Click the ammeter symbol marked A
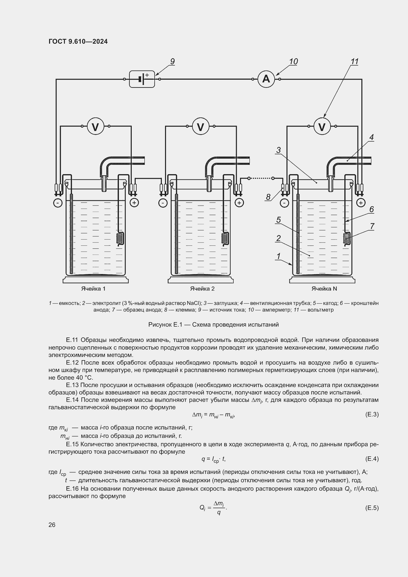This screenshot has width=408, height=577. tap(266, 79)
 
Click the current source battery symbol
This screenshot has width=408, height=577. tap(142, 79)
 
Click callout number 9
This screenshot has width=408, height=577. tap(172, 62)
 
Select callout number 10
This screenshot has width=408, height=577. tap(293, 62)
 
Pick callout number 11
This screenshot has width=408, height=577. tap(354, 62)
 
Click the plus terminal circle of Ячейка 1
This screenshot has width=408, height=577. tap(134, 203)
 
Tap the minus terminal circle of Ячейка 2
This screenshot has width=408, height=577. tap(163, 203)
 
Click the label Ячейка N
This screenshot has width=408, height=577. tap(324, 289)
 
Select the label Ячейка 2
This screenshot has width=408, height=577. tap(202, 289)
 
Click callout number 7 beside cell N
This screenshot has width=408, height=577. tap(372, 226)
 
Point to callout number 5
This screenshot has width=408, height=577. tap(278, 220)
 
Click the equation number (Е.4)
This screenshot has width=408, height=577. tap(372, 459)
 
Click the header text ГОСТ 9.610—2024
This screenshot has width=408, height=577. tap(78, 41)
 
